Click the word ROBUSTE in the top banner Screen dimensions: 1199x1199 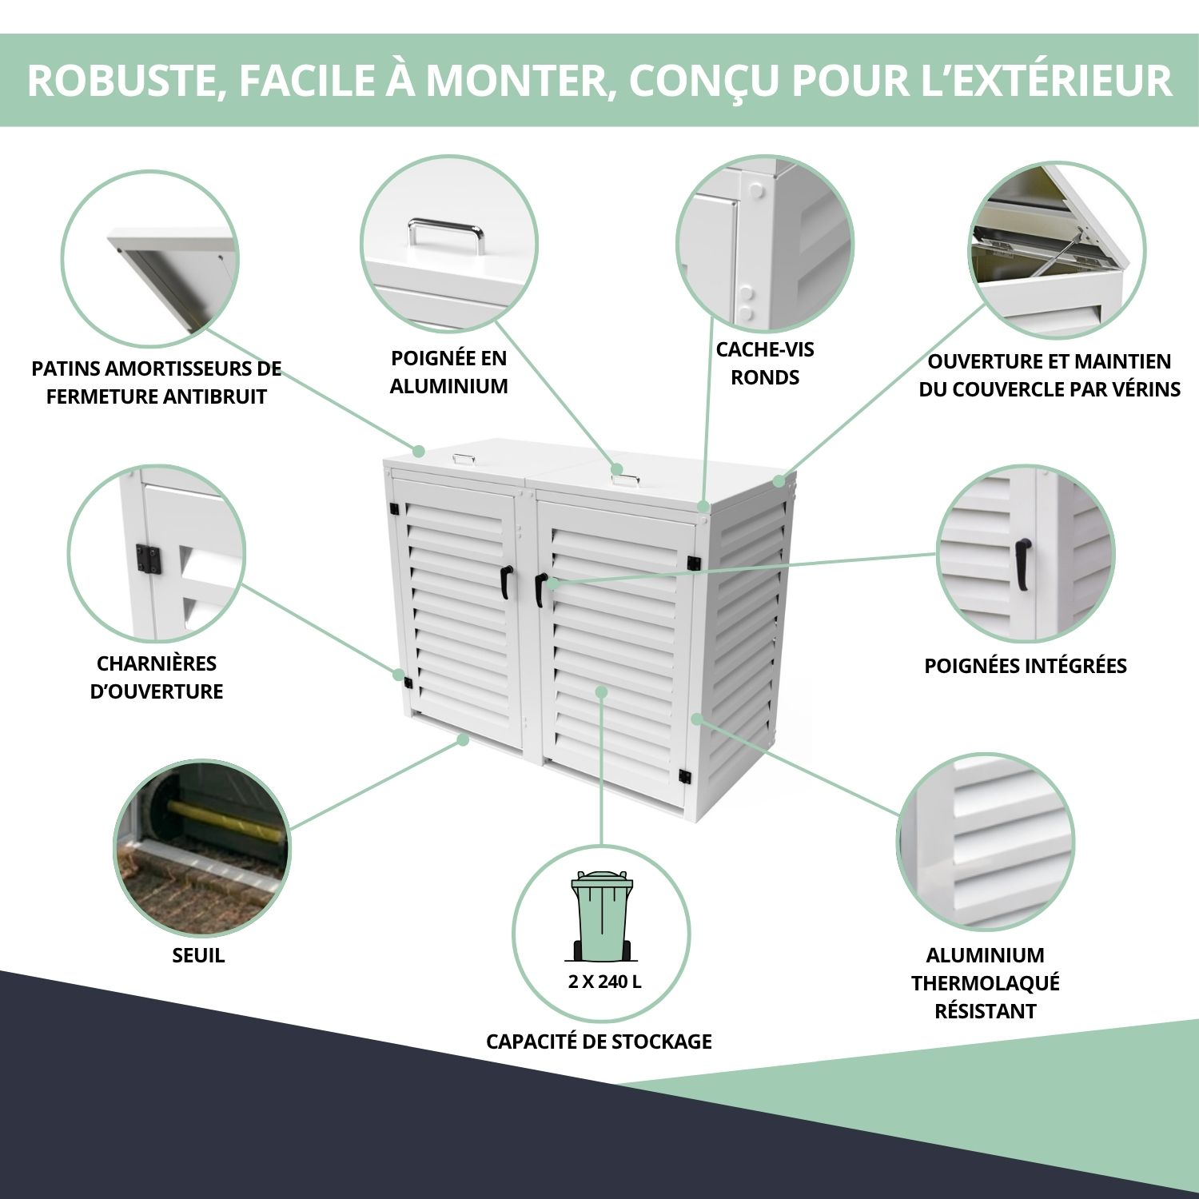(x=121, y=80)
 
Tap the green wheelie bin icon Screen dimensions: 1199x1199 (x=600, y=916)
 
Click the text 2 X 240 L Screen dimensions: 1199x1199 (x=604, y=982)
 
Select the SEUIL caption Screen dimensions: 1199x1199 (x=198, y=955)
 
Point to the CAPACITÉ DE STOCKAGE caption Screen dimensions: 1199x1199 (x=599, y=1042)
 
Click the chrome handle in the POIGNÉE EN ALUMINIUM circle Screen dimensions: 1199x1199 (x=446, y=235)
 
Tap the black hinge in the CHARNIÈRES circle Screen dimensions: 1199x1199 (x=149, y=559)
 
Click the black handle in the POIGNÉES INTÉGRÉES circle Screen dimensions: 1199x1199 (x=1022, y=564)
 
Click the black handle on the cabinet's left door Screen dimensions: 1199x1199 (x=506, y=582)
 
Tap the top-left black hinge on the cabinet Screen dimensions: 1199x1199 (x=393, y=508)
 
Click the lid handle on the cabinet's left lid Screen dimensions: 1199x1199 (x=464, y=459)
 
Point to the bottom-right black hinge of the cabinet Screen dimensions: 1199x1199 (x=684, y=776)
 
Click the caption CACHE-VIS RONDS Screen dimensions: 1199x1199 (x=765, y=363)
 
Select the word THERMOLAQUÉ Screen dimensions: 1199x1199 (x=986, y=983)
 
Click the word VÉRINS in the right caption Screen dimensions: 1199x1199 (x=1142, y=389)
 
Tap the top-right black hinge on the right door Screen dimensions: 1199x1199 (x=694, y=563)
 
